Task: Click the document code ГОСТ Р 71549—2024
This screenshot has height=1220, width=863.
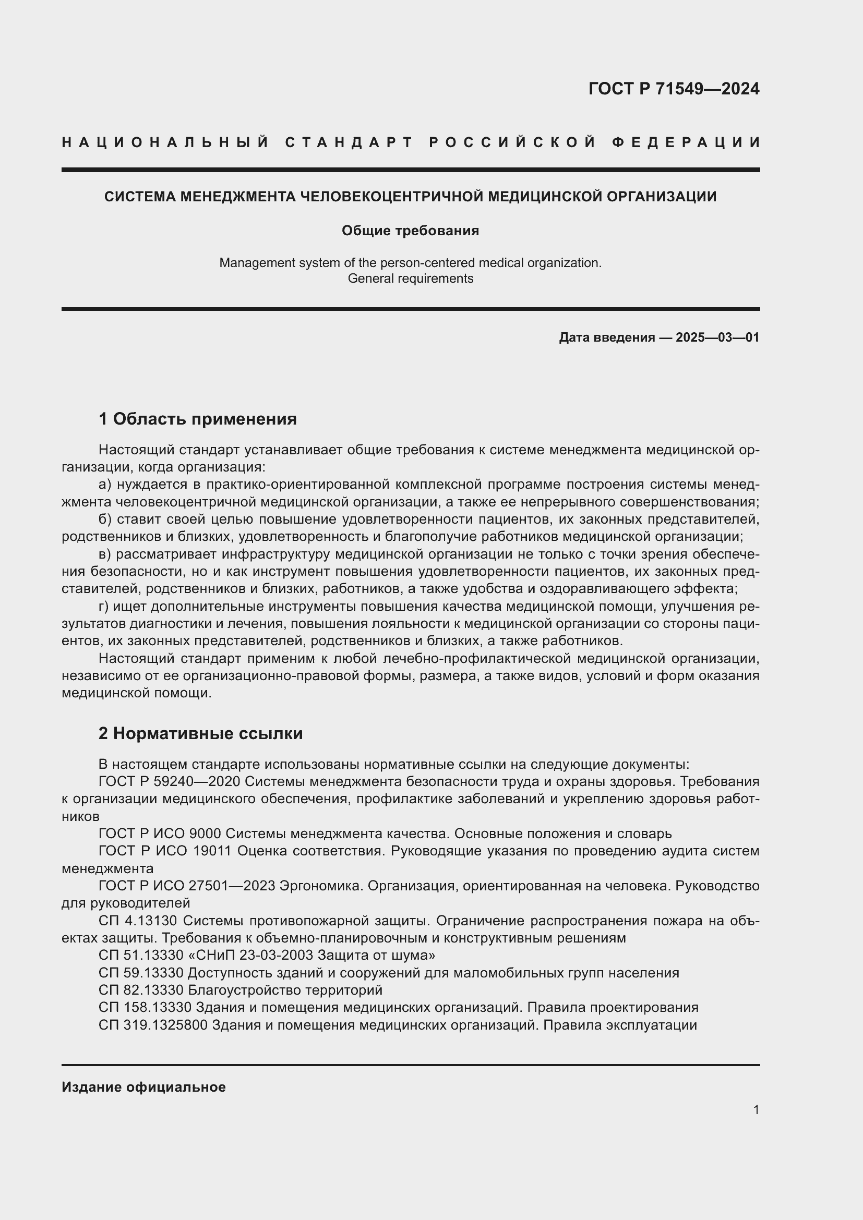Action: (x=673, y=89)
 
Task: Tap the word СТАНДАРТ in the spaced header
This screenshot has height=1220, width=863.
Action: (x=349, y=142)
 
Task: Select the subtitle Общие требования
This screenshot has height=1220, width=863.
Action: (x=410, y=231)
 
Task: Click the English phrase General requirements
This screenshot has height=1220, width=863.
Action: (x=410, y=279)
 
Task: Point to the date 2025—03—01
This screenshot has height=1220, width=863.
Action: (x=717, y=337)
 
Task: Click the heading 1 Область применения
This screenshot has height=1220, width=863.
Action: (x=198, y=419)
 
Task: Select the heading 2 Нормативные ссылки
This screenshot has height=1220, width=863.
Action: (x=201, y=734)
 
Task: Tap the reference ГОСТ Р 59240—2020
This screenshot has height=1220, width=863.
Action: (x=170, y=782)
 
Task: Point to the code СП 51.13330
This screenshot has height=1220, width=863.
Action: (x=141, y=956)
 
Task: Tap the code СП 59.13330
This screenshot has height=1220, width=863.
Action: (x=141, y=973)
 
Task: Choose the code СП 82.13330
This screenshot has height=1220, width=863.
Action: (x=141, y=990)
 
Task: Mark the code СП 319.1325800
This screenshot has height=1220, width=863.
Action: (x=152, y=1025)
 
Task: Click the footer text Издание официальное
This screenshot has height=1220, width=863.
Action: (x=143, y=1087)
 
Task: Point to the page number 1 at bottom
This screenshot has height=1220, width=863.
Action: (x=756, y=1109)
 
